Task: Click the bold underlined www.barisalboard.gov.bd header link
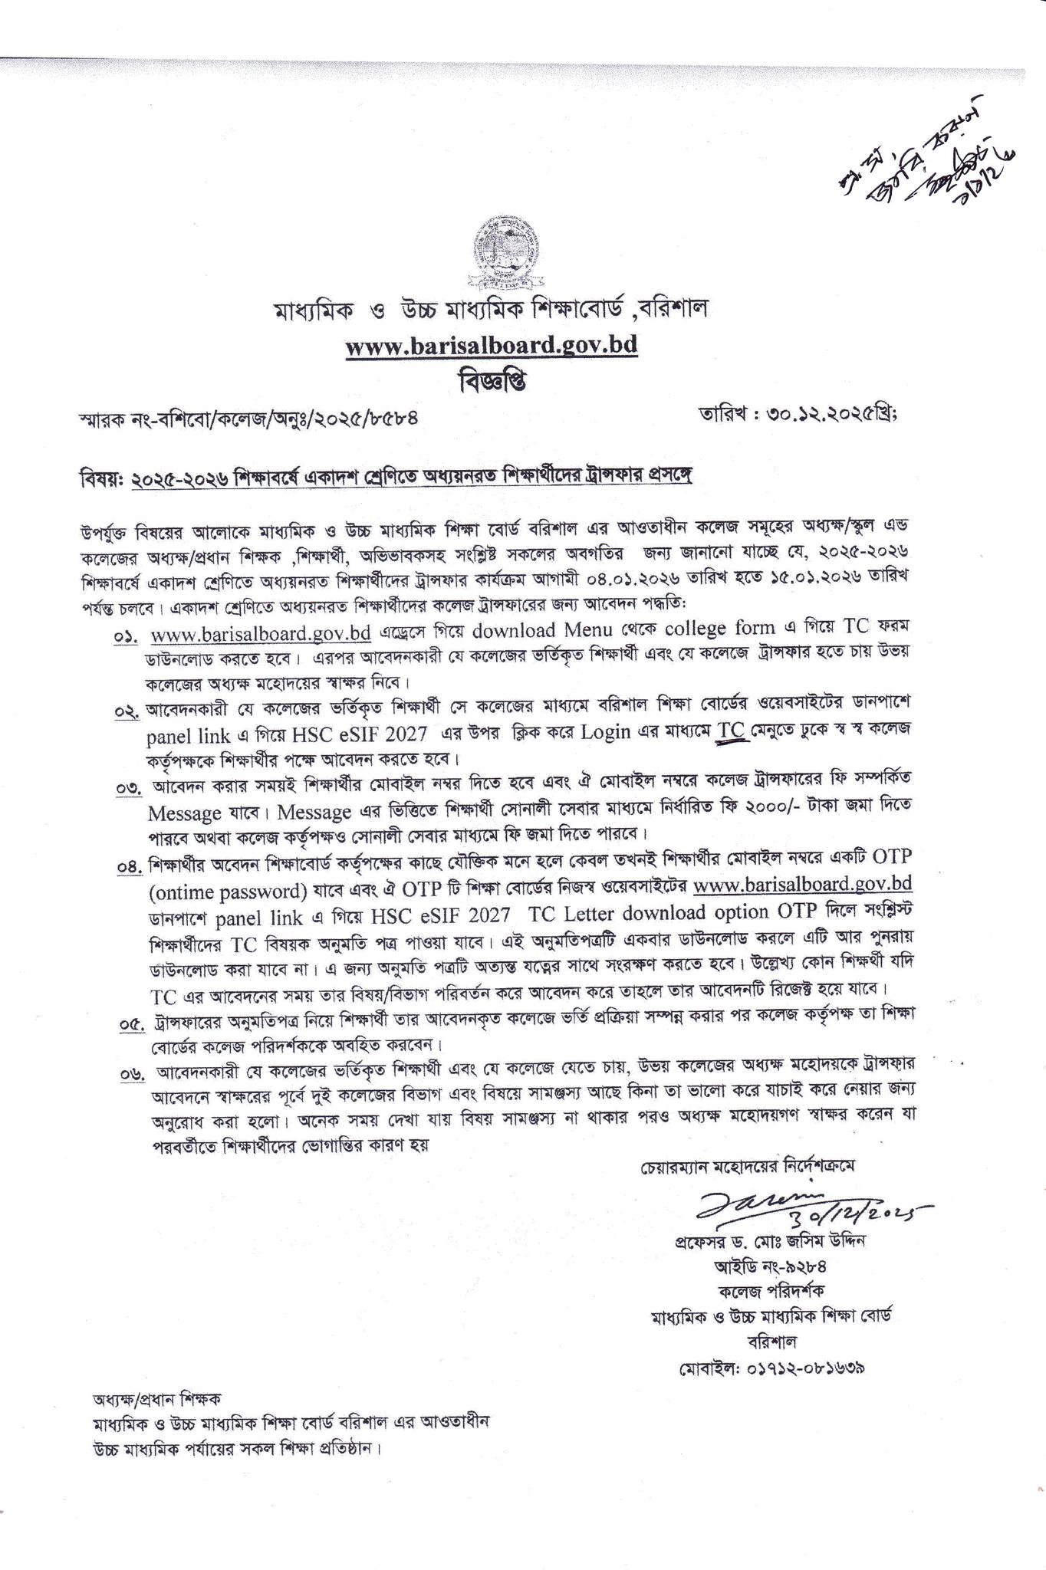tap(492, 346)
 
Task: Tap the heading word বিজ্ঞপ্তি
tap(491, 381)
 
